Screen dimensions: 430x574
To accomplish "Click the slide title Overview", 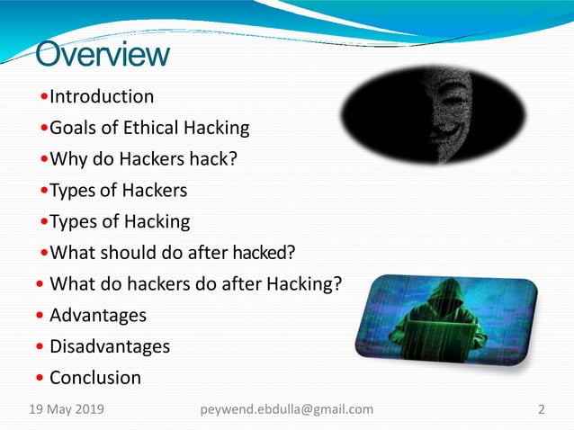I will [102, 54].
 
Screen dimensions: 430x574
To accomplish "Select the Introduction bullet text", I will [102, 96].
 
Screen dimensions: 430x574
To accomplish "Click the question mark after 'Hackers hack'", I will [234, 159].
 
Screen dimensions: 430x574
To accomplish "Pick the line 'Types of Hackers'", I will [118, 191].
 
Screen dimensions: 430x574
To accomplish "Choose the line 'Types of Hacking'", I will [120, 221].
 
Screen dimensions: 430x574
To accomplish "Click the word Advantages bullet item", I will [97, 315].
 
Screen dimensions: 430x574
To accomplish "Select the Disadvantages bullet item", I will [109, 346].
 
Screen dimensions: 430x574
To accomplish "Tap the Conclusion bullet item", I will [95, 378].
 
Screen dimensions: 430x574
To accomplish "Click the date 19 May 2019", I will [67, 409].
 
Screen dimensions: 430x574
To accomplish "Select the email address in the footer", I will [285, 409].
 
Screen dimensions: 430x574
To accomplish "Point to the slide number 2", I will [542, 409].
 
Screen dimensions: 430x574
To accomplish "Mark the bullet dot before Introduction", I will [45, 97].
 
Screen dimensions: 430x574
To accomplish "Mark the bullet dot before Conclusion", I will [40, 379].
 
